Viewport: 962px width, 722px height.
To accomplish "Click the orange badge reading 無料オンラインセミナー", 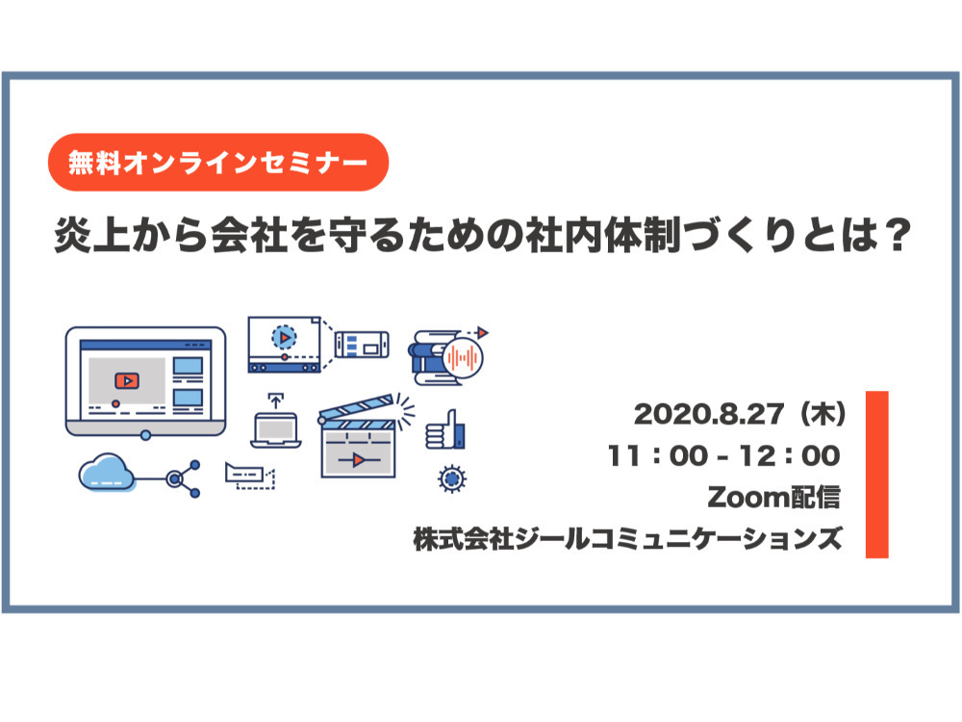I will [x=217, y=162].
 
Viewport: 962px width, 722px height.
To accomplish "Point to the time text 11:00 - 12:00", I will [x=724, y=454].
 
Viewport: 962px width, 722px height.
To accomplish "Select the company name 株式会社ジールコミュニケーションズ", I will [x=628, y=538].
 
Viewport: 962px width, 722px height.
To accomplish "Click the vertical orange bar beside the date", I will [x=876, y=474].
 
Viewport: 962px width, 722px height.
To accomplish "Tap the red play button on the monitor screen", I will [x=124, y=379].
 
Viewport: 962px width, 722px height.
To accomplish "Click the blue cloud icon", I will [x=108, y=473].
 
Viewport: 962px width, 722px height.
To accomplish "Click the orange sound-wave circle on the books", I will [x=463, y=362].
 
